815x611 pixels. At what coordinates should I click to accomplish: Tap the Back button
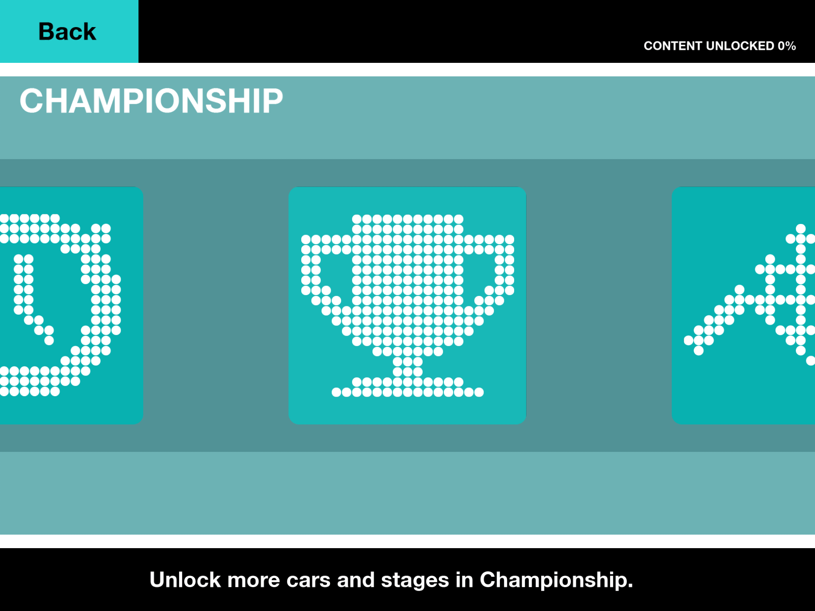pyautogui.click(x=69, y=31)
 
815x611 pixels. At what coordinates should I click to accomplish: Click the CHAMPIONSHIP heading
pyautogui.click(x=151, y=101)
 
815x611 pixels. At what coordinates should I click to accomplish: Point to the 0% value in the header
pyautogui.click(x=787, y=46)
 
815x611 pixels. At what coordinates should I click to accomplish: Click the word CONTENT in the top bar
pyautogui.click(x=673, y=46)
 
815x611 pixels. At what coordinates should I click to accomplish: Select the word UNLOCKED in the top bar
pyautogui.click(x=740, y=46)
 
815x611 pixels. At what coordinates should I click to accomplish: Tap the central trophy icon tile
pyautogui.click(x=407, y=305)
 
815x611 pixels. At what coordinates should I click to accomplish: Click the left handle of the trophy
pyautogui.click(x=316, y=274)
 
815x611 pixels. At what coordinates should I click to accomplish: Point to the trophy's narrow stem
pyautogui.click(x=407, y=366)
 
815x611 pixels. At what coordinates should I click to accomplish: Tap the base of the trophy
pyautogui.click(x=407, y=387)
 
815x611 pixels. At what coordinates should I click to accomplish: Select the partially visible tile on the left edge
pyautogui.click(x=72, y=305)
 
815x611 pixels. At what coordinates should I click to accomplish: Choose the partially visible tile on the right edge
pyautogui.click(x=743, y=305)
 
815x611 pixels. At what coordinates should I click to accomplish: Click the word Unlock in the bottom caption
pyautogui.click(x=185, y=580)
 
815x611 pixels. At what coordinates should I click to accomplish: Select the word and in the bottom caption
pyautogui.click(x=356, y=580)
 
